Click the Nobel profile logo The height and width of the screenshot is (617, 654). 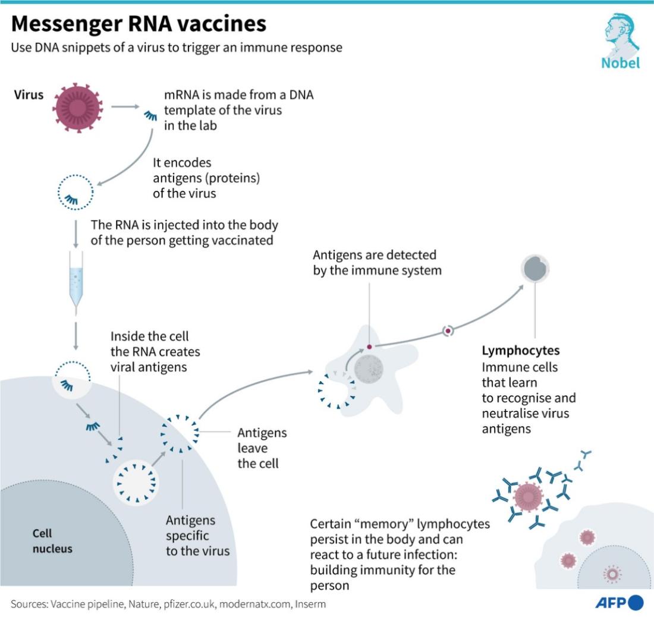(x=621, y=34)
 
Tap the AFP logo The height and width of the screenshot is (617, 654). (x=619, y=603)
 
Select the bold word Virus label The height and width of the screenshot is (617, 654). (x=29, y=95)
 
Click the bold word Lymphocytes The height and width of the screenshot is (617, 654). (x=521, y=351)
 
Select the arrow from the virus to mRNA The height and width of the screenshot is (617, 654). (x=124, y=107)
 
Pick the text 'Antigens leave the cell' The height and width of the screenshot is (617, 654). (x=262, y=448)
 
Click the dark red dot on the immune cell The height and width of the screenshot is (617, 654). (x=369, y=347)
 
